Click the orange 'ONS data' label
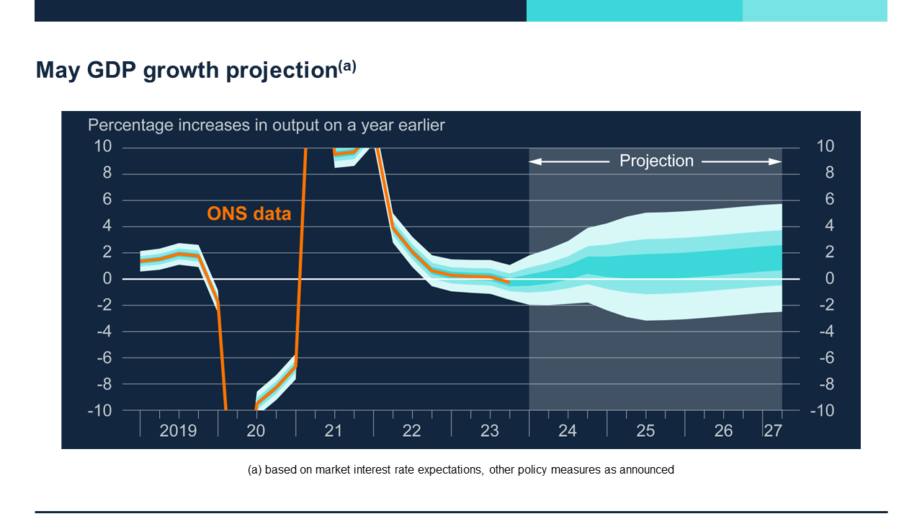tap(249, 213)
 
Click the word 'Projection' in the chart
tap(656, 161)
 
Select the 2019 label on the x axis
tap(178, 430)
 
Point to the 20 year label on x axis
tap(256, 430)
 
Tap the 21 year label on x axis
tap(333, 430)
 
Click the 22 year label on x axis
tap(411, 430)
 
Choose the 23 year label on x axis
tap(489, 430)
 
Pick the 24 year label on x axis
tap(568, 430)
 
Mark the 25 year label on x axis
tap(645, 430)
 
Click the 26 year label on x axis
tap(723, 430)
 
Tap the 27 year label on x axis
tap(772, 430)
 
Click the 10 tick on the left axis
tap(103, 146)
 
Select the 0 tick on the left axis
tap(107, 278)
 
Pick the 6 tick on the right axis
tap(829, 199)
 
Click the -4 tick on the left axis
tap(103, 331)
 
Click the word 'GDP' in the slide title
tap(112, 70)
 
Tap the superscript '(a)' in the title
tap(347, 66)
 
